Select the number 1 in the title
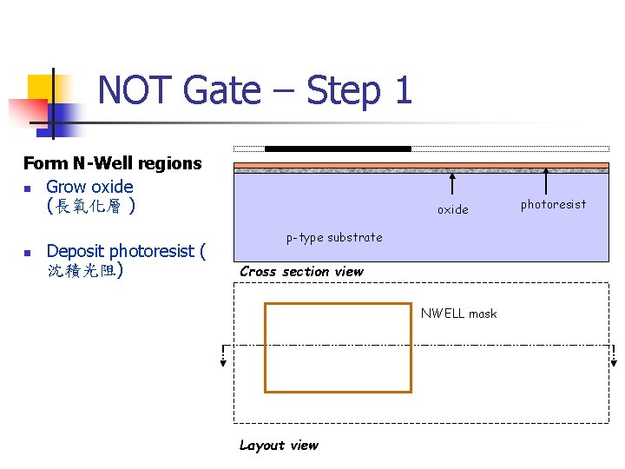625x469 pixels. pyautogui.click(x=401, y=90)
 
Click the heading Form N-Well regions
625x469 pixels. pyautogui.click(x=112, y=163)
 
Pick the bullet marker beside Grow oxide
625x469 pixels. pyautogui.click(x=28, y=188)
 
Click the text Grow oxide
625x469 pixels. pyautogui.click(x=89, y=187)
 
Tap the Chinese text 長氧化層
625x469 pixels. pyautogui.click(x=89, y=207)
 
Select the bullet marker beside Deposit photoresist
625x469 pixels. pyautogui.click(x=28, y=253)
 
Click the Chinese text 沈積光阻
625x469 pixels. pyautogui.click(x=83, y=271)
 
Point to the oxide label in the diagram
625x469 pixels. pyautogui.click(x=452, y=209)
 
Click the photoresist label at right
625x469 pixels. pyautogui.click(x=553, y=204)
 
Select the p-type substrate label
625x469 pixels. pyautogui.click(x=334, y=237)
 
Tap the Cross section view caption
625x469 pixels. pyautogui.click(x=301, y=271)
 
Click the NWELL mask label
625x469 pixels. pyautogui.click(x=458, y=314)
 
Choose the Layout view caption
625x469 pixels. pyautogui.click(x=279, y=445)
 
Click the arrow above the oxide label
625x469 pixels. pyautogui.click(x=452, y=185)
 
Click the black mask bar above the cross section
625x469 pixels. pyautogui.click(x=338, y=149)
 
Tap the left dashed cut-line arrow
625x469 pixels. pyautogui.click(x=223, y=357)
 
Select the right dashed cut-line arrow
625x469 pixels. pyautogui.click(x=613, y=357)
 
